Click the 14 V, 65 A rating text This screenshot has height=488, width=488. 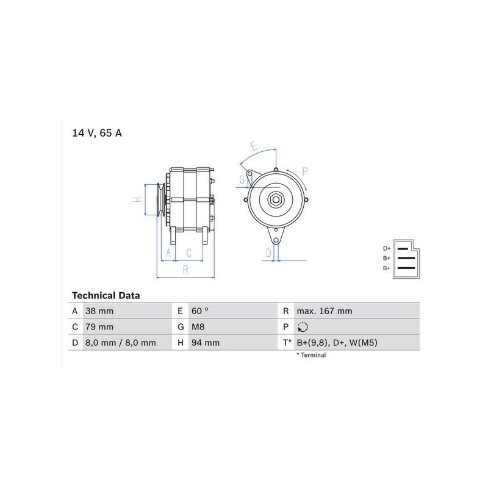pos(97,133)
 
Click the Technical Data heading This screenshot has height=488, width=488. pos(106,295)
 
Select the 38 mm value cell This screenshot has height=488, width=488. pos(99,311)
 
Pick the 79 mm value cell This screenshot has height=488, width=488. pos(99,327)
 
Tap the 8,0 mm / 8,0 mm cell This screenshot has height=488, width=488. pos(120,343)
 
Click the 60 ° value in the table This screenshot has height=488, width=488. pos(200,311)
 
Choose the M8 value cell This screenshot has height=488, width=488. pos(198,327)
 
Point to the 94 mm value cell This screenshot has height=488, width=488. pos(206,343)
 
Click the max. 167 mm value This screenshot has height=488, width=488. pos(325,311)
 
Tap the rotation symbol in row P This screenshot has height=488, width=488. pos(303,327)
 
